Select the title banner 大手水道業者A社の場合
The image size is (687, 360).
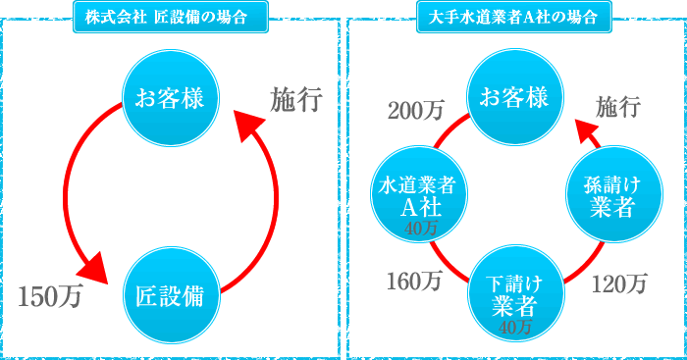point(515,17)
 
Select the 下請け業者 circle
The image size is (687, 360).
point(514,292)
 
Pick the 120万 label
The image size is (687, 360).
point(620,284)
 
